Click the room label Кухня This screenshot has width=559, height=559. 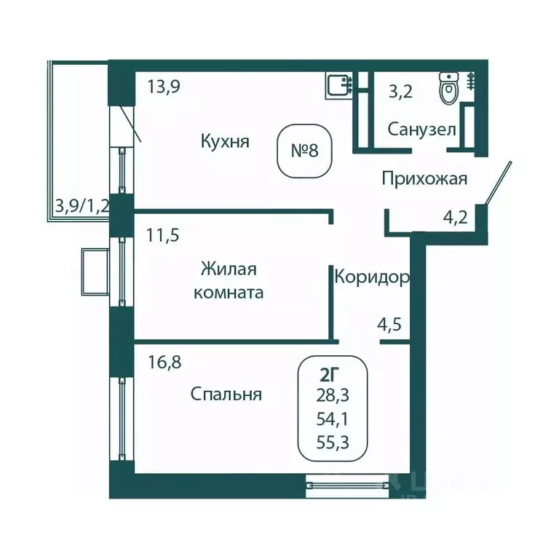click(x=225, y=141)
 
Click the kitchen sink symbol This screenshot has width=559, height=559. click(x=338, y=85)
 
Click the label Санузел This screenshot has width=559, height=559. click(x=421, y=130)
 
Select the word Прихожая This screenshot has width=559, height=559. click(x=424, y=178)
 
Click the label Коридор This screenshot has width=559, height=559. click(x=371, y=277)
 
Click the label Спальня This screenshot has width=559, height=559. click(x=226, y=395)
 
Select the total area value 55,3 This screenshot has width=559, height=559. click(x=333, y=441)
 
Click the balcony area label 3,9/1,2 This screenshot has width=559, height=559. click(x=82, y=205)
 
